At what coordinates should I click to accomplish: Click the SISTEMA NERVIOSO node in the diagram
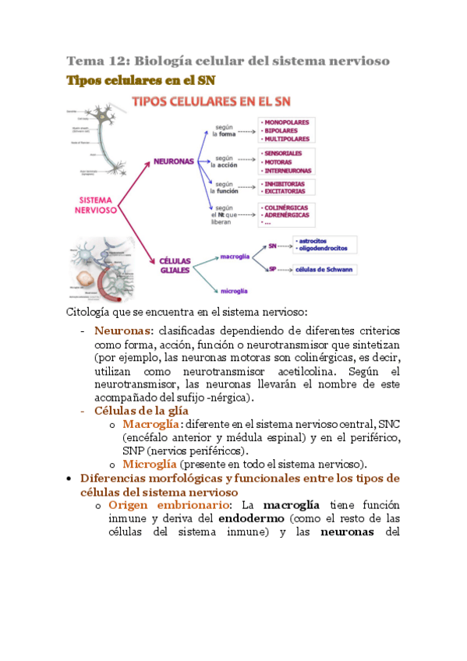click(x=96, y=205)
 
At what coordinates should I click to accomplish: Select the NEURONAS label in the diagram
click(x=174, y=161)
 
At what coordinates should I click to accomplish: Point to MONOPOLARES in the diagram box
click(x=286, y=122)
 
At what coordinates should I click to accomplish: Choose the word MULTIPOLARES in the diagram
click(x=288, y=139)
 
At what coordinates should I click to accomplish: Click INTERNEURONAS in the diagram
click(x=288, y=170)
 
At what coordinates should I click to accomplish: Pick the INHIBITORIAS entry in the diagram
click(x=285, y=184)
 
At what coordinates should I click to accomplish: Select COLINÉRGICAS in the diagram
click(x=286, y=207)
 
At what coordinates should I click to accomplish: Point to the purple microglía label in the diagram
click(x=234, y=291)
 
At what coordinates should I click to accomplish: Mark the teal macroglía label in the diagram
click(x=235, y=256)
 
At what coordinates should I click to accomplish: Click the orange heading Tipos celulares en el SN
click(x=140, y=80)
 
